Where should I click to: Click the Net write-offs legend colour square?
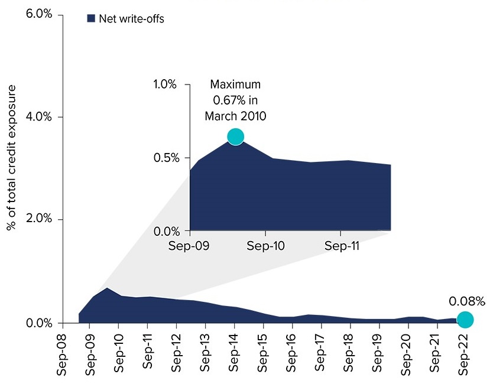[x=91, y=19]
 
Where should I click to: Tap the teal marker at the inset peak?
[x=235, y=136]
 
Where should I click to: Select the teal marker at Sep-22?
[x=465, y=320]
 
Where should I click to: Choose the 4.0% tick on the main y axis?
[x=40, y=117]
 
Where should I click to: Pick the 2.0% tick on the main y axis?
[x=40, y=219]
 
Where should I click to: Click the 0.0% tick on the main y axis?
[x=40, y=323]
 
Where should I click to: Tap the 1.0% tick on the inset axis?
[x=165, y=84]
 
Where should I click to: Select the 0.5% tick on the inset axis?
[x=165, y=158]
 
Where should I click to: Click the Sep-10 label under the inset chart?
[x=265, y=245]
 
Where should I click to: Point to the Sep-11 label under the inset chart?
[x=341, y=245]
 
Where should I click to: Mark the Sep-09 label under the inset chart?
[x=189, y=245]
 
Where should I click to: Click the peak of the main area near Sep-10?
[x=107, y=288]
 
